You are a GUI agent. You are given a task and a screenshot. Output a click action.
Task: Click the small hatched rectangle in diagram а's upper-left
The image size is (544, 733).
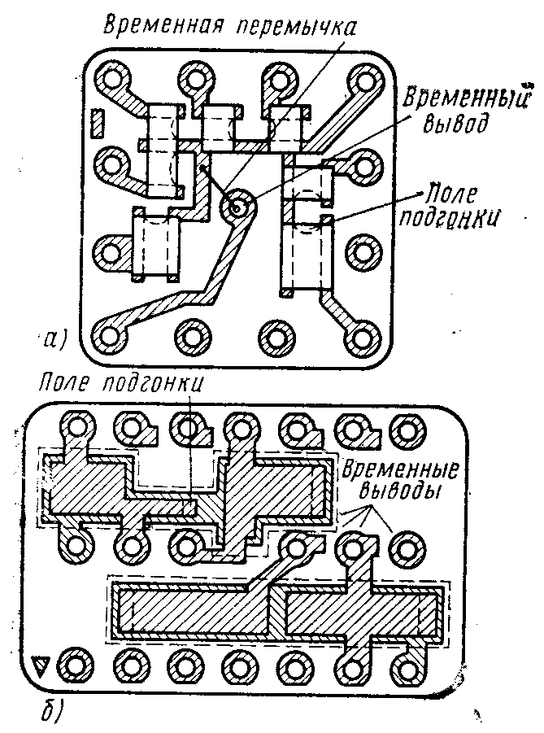tap(98, 122)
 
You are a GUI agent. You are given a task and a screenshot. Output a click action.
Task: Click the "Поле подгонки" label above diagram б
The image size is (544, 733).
tap(123, 383)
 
